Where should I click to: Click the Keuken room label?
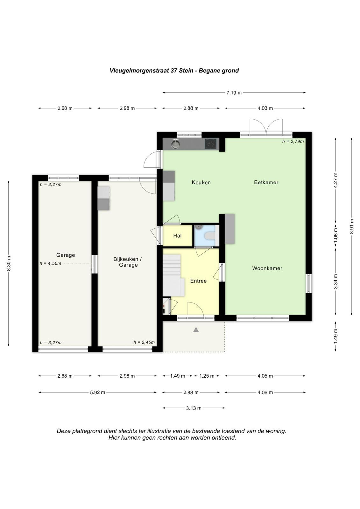(201, 182)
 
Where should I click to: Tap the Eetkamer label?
(266, 182)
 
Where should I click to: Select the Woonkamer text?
(267, 268)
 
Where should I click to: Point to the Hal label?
(177, 236)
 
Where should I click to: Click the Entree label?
(198, 281)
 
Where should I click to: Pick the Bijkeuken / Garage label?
(128, 262)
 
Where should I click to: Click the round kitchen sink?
(176, 144)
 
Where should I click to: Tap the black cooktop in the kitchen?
(211, 143)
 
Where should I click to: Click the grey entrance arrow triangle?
(196, 330)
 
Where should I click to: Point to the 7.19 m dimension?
(234, 93)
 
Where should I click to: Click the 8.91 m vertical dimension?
(352, 226)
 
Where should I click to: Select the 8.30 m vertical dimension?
(9, 264)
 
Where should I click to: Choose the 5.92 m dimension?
(98, 393)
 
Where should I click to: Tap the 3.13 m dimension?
(194, 408)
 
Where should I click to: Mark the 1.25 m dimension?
(207, 376)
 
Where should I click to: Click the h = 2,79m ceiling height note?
(293, 141)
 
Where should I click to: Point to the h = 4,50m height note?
(50, 263)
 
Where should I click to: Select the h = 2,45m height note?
(144, 342)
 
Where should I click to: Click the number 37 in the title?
(174, 70)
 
